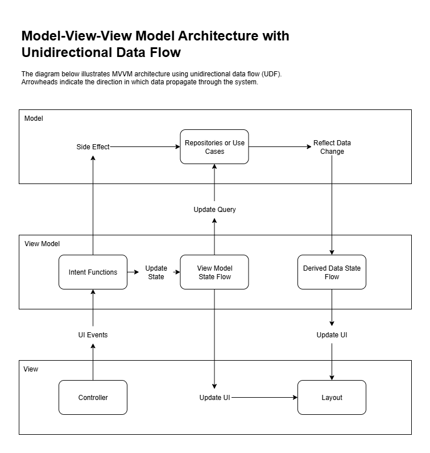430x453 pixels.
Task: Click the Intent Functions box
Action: tap(93, 272)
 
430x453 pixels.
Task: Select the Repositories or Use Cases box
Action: tap(214, 147)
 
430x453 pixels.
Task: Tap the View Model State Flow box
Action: tap(214, 272)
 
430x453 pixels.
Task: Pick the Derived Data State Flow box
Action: tap(332, 272)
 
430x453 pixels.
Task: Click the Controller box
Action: tap(93, 398)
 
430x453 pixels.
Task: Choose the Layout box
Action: tap(332, 398)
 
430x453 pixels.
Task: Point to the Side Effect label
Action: tap(93, 147)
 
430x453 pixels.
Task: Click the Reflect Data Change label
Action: tap(332, 147)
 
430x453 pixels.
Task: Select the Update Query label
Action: tap(214, 210)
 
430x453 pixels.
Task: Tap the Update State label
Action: tap(156, 272)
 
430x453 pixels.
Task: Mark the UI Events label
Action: tap(93, 335)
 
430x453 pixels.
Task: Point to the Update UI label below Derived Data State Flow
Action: tap(332, 335)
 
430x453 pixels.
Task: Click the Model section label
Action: tap(34, 119)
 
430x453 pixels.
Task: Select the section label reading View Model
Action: tap(42, 244)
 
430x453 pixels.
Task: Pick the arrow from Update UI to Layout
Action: tap(264, 398)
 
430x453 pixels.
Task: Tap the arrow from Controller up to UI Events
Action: tap(93, 361)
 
